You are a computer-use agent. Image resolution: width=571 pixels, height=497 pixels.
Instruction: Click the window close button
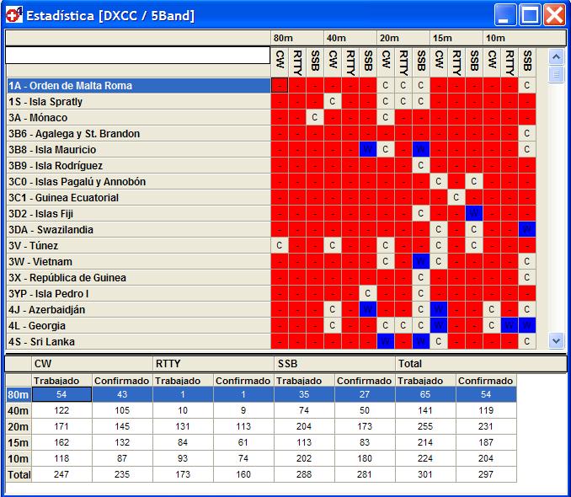(x=553, y=14)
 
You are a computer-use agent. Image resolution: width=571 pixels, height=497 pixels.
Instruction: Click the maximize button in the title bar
(x=530, y=14)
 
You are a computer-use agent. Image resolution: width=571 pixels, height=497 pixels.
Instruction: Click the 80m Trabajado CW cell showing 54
(x=61, y=394)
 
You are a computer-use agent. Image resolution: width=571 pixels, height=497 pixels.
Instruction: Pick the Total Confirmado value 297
(x=485, y=474)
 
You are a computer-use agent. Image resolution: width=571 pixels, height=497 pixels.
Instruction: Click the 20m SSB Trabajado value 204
(x=304, y=426)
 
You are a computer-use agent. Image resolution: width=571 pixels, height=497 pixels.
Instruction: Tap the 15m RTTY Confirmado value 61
(x=243, y=442)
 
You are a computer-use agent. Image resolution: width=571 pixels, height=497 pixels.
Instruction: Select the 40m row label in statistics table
(x=19, y=410)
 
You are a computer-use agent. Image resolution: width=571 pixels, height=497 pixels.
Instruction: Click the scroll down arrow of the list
(x=555, y=340)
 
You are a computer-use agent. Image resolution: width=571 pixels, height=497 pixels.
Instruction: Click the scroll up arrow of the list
(x=555, y=56)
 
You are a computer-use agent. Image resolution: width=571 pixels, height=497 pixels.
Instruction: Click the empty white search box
(x=137, y=56)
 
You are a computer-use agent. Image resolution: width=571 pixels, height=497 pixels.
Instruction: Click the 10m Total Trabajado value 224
(x=425, y=458)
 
